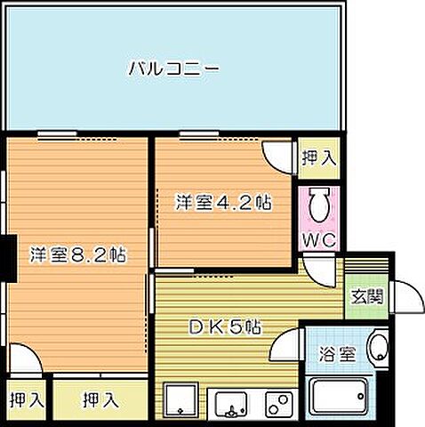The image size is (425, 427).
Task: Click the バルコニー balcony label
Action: (x=173, y=67)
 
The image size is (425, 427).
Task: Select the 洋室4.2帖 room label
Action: (x=222, y=203)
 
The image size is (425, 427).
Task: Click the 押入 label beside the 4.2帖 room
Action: (x=318, y=158)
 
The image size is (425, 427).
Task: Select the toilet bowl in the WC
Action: (x=319, y=205)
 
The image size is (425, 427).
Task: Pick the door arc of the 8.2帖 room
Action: (x=28, y=361)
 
